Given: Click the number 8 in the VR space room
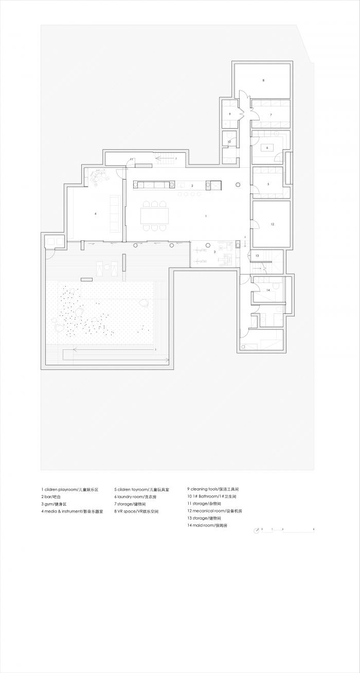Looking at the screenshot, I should tap(263, 80).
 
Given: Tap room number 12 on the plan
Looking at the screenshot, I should tap(272, 224).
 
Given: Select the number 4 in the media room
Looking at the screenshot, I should tap(96, 213).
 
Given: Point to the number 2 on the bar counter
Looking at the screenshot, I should tap(192, 185).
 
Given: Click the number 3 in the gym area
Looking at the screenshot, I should tap(214, 252).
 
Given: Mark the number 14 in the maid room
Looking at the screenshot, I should tap(267, 291).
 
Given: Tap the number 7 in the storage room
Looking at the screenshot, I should tap(270, 114).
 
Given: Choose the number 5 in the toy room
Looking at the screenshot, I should tap(268, 184).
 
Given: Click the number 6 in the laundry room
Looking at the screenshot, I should tap(267, 147).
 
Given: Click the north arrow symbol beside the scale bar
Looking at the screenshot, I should tap(256, 532).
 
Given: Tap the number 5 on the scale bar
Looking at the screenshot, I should tap(313, 528).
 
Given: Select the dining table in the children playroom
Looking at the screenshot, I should tap(155, 216).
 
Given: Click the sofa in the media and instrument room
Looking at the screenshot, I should tap(114, 213).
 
